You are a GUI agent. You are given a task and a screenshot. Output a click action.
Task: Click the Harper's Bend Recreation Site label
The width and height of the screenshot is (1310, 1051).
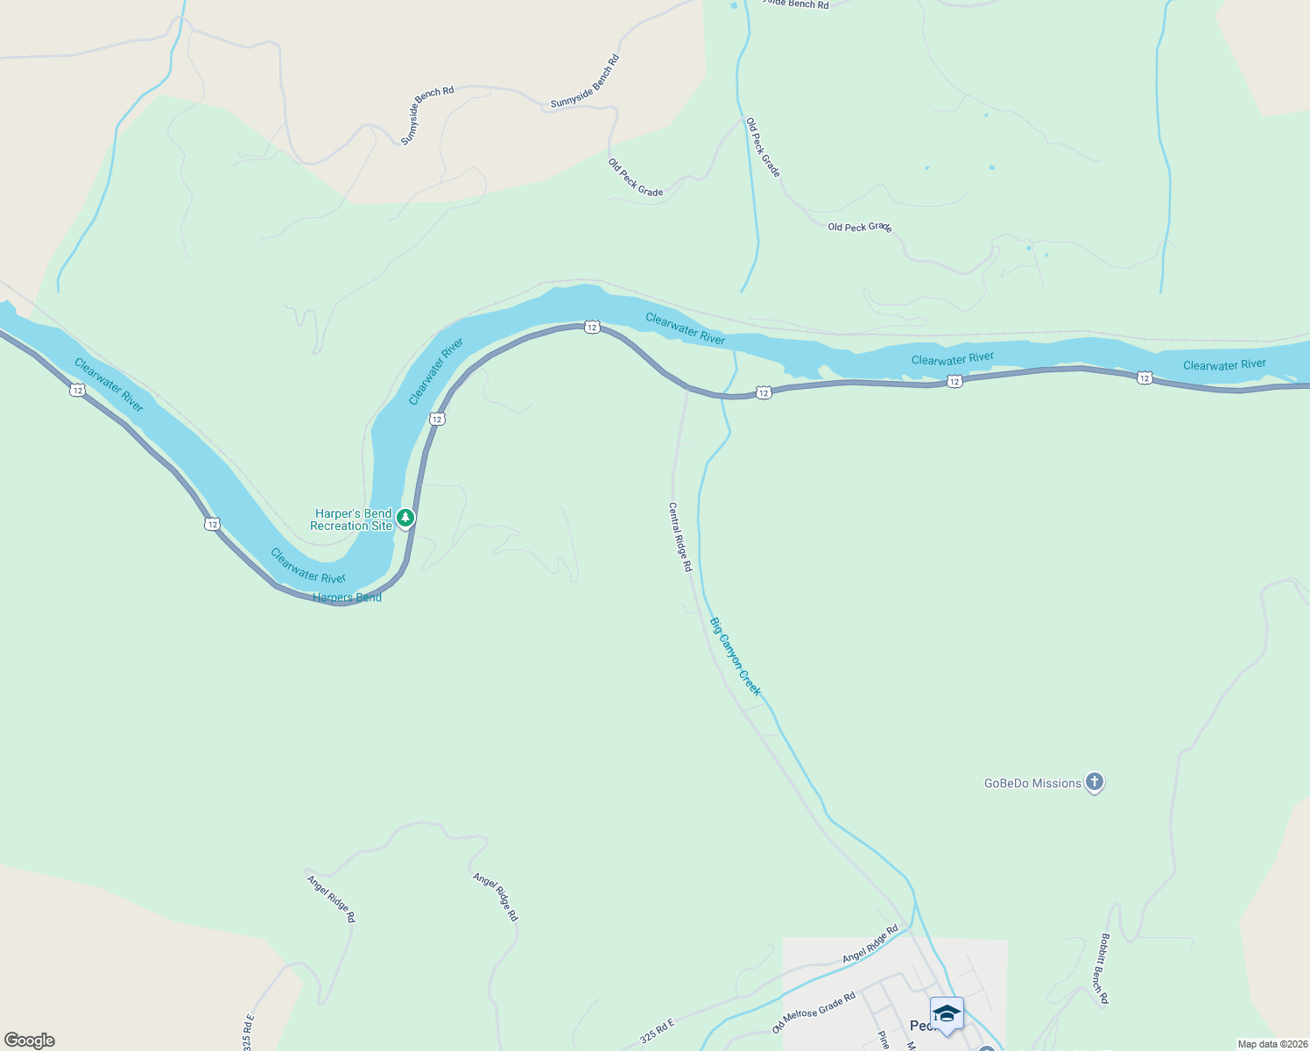point(351,519)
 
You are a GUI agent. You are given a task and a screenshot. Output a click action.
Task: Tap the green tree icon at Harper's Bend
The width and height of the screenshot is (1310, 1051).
point(405,518)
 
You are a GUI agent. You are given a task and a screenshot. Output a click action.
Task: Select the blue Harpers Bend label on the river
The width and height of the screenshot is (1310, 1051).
point(347,597)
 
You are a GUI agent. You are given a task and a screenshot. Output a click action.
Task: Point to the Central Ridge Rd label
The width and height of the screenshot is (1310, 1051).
point(680,537)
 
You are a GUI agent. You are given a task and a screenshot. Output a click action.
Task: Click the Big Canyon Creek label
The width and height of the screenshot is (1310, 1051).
point(736,657)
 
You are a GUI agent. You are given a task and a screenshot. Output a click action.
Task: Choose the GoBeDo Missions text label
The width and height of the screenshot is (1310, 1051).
point(1032,783)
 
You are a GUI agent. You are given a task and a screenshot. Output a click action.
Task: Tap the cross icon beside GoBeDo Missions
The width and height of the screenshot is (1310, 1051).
point(1094,782)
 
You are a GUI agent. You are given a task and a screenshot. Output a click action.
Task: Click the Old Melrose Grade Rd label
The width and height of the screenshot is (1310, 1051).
point(813,1012)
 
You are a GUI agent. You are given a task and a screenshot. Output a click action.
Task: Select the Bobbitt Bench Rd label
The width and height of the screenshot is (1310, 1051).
point(1104,969)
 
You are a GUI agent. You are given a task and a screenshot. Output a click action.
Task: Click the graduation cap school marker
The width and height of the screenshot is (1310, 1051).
point(947,1014)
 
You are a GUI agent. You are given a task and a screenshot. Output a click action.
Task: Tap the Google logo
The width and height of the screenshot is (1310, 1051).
point(30,1040)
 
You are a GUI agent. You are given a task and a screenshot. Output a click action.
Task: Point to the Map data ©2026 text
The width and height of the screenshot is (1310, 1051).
point(1272,1044)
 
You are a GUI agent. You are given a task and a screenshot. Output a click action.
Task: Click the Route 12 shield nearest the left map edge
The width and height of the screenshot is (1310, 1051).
point(78,390)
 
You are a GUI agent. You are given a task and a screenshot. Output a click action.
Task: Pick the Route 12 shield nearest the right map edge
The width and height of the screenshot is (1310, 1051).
point(1144,377)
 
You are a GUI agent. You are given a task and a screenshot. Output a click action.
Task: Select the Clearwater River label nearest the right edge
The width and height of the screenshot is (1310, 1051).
point(1224,364)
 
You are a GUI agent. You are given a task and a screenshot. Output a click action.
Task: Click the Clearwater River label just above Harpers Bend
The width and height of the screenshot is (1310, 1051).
point(308,566)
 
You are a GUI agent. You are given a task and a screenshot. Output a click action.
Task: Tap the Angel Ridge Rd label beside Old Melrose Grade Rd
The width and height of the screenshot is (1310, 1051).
point(870,944)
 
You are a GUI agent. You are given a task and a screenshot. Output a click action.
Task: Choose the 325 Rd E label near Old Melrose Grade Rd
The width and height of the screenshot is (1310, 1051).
point(658,1031)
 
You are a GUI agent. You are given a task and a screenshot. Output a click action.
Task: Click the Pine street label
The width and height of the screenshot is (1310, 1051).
point(884,1040)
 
